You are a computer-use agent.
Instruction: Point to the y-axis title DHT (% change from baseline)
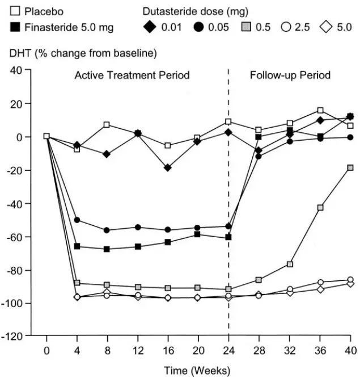click(x=83, y=53)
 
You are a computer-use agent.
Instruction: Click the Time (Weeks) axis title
click(x=197, y=371)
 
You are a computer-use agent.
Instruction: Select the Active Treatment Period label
click(x=132, y=75)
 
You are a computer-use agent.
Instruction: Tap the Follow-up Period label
click(x=290, y=75)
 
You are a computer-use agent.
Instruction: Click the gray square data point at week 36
click(x=320, y=208)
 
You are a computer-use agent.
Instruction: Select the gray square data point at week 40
click(x=350, y=167)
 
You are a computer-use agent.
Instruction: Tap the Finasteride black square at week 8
click(x=107, y=249)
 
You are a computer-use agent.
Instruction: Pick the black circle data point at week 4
click(x=77, y=220)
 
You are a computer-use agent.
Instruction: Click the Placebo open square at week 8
click(x=107, y=125)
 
